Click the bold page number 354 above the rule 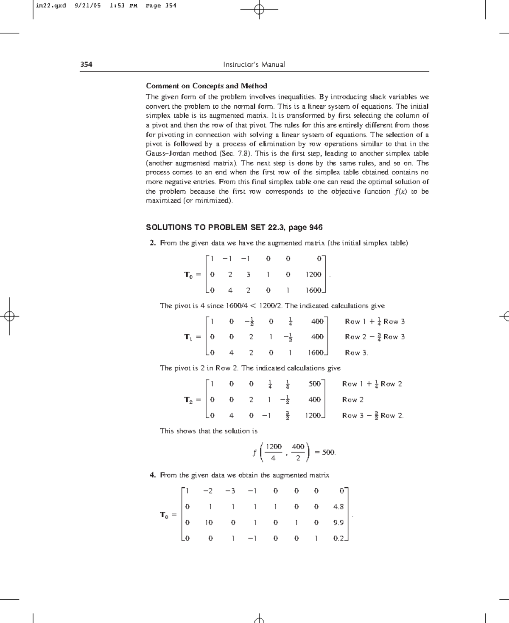tap(87, 65)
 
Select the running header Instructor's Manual tap(254, 65)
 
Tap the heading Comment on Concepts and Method tap(207, 86)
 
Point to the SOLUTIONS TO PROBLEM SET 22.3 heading tap(234, 227)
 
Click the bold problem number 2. tap(153, 243)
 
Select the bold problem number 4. tap(153, 475)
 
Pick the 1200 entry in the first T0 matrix tap(313, 274)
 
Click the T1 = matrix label tap(192, 337)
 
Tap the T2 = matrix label tap(192, 400)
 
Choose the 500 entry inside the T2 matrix tap(314, 384)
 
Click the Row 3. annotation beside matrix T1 tap(356, 352)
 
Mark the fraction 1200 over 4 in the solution tap(274, 452)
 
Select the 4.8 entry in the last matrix tap(338, 507)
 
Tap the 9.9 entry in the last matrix tap(338, 522)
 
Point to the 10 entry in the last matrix tap(209, 522)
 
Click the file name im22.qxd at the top tap(51, 6)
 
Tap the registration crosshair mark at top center tap(260, 9)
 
